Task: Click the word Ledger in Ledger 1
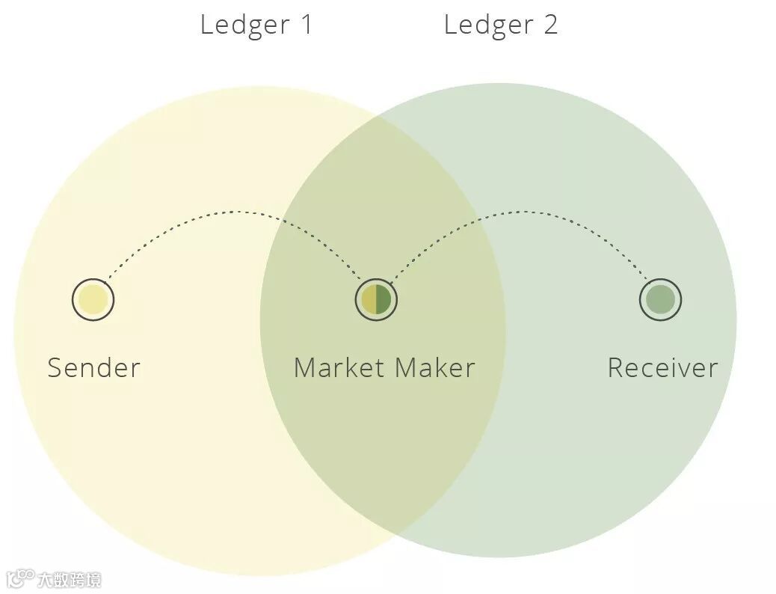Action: [x=244, y=25]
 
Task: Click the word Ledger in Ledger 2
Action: [x=488, y=25]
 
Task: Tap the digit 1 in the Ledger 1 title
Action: [x=306, y=25]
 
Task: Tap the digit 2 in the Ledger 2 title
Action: [x=550, y=25]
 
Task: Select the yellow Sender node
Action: [x=93, y=299]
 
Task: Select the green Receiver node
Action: [x=660, y=299]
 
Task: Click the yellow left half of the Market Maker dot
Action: [x=369, y=299]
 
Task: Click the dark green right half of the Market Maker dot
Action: [x=383, y=299]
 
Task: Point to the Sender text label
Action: [x=93, y=367]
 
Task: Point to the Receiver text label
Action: [x=662, y=367]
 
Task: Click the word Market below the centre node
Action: [x=339, y=367]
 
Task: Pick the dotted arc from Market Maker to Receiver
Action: [x=523, y=212]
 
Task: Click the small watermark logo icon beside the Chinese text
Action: [x=20, y=578]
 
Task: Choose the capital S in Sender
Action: [x=55, y=367]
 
